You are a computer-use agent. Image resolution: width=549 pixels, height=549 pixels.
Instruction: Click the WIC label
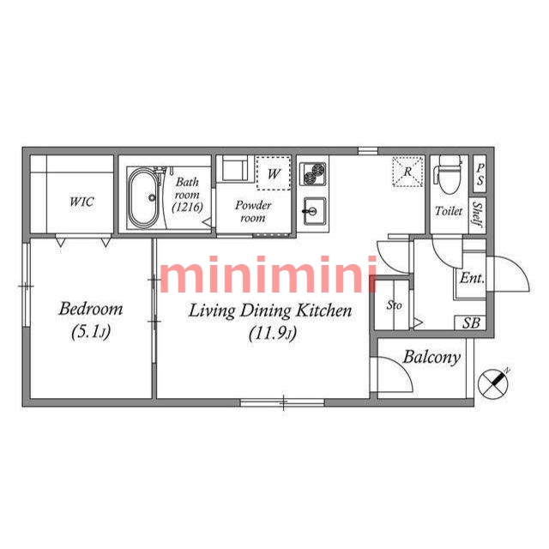pyautogui.click(x=81, y=202)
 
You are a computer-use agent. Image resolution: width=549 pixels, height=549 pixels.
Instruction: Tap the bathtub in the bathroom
pyautogui.click(x=143, y=198)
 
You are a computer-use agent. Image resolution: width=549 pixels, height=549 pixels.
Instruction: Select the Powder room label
pyautogui.click(x=253, y=212)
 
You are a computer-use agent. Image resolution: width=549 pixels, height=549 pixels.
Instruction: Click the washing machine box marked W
pyautogui.click(x=274, y=173)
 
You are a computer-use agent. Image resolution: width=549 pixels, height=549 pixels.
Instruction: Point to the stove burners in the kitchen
pyautogui.click(x=313, y=173)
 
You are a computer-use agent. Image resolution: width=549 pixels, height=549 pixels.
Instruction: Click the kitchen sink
pyautogui.click(x=315, y=211)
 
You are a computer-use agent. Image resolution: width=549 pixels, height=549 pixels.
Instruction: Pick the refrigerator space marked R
pyautogui.click(x=407, y=172)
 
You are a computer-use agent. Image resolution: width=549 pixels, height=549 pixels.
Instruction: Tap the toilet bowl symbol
pyautogui.click(x=449, y=175)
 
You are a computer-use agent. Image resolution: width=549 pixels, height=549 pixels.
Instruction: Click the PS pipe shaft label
pyautogui.click(x=480, y=174)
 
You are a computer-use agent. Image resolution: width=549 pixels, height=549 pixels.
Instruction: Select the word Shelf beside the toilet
pyautogui.click(x=478, y=214)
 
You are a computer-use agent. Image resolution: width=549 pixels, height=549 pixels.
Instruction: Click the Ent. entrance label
pyautogui.click(x=472, y=278)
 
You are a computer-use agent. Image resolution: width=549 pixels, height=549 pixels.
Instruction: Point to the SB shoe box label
pyautogui.click(x=471, y=323)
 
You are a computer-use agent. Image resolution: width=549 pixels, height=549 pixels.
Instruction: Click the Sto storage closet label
pyautogui.click(x=395, y=305)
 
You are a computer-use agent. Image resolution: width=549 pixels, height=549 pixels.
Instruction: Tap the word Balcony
pyautogui.click(x=431, y=358)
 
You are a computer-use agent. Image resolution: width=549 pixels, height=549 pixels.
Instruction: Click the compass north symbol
pyautogui.click(x=493, y=383)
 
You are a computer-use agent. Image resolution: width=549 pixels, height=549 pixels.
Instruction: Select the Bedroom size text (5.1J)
pyautogui.click(x=91, y=332)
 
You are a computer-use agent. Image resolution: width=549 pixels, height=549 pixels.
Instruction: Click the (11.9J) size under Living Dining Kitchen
pyautogui.click(x=273, y=334)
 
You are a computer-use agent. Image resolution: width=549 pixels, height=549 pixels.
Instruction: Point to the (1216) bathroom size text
pyautogui.click(x=188, y=208)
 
